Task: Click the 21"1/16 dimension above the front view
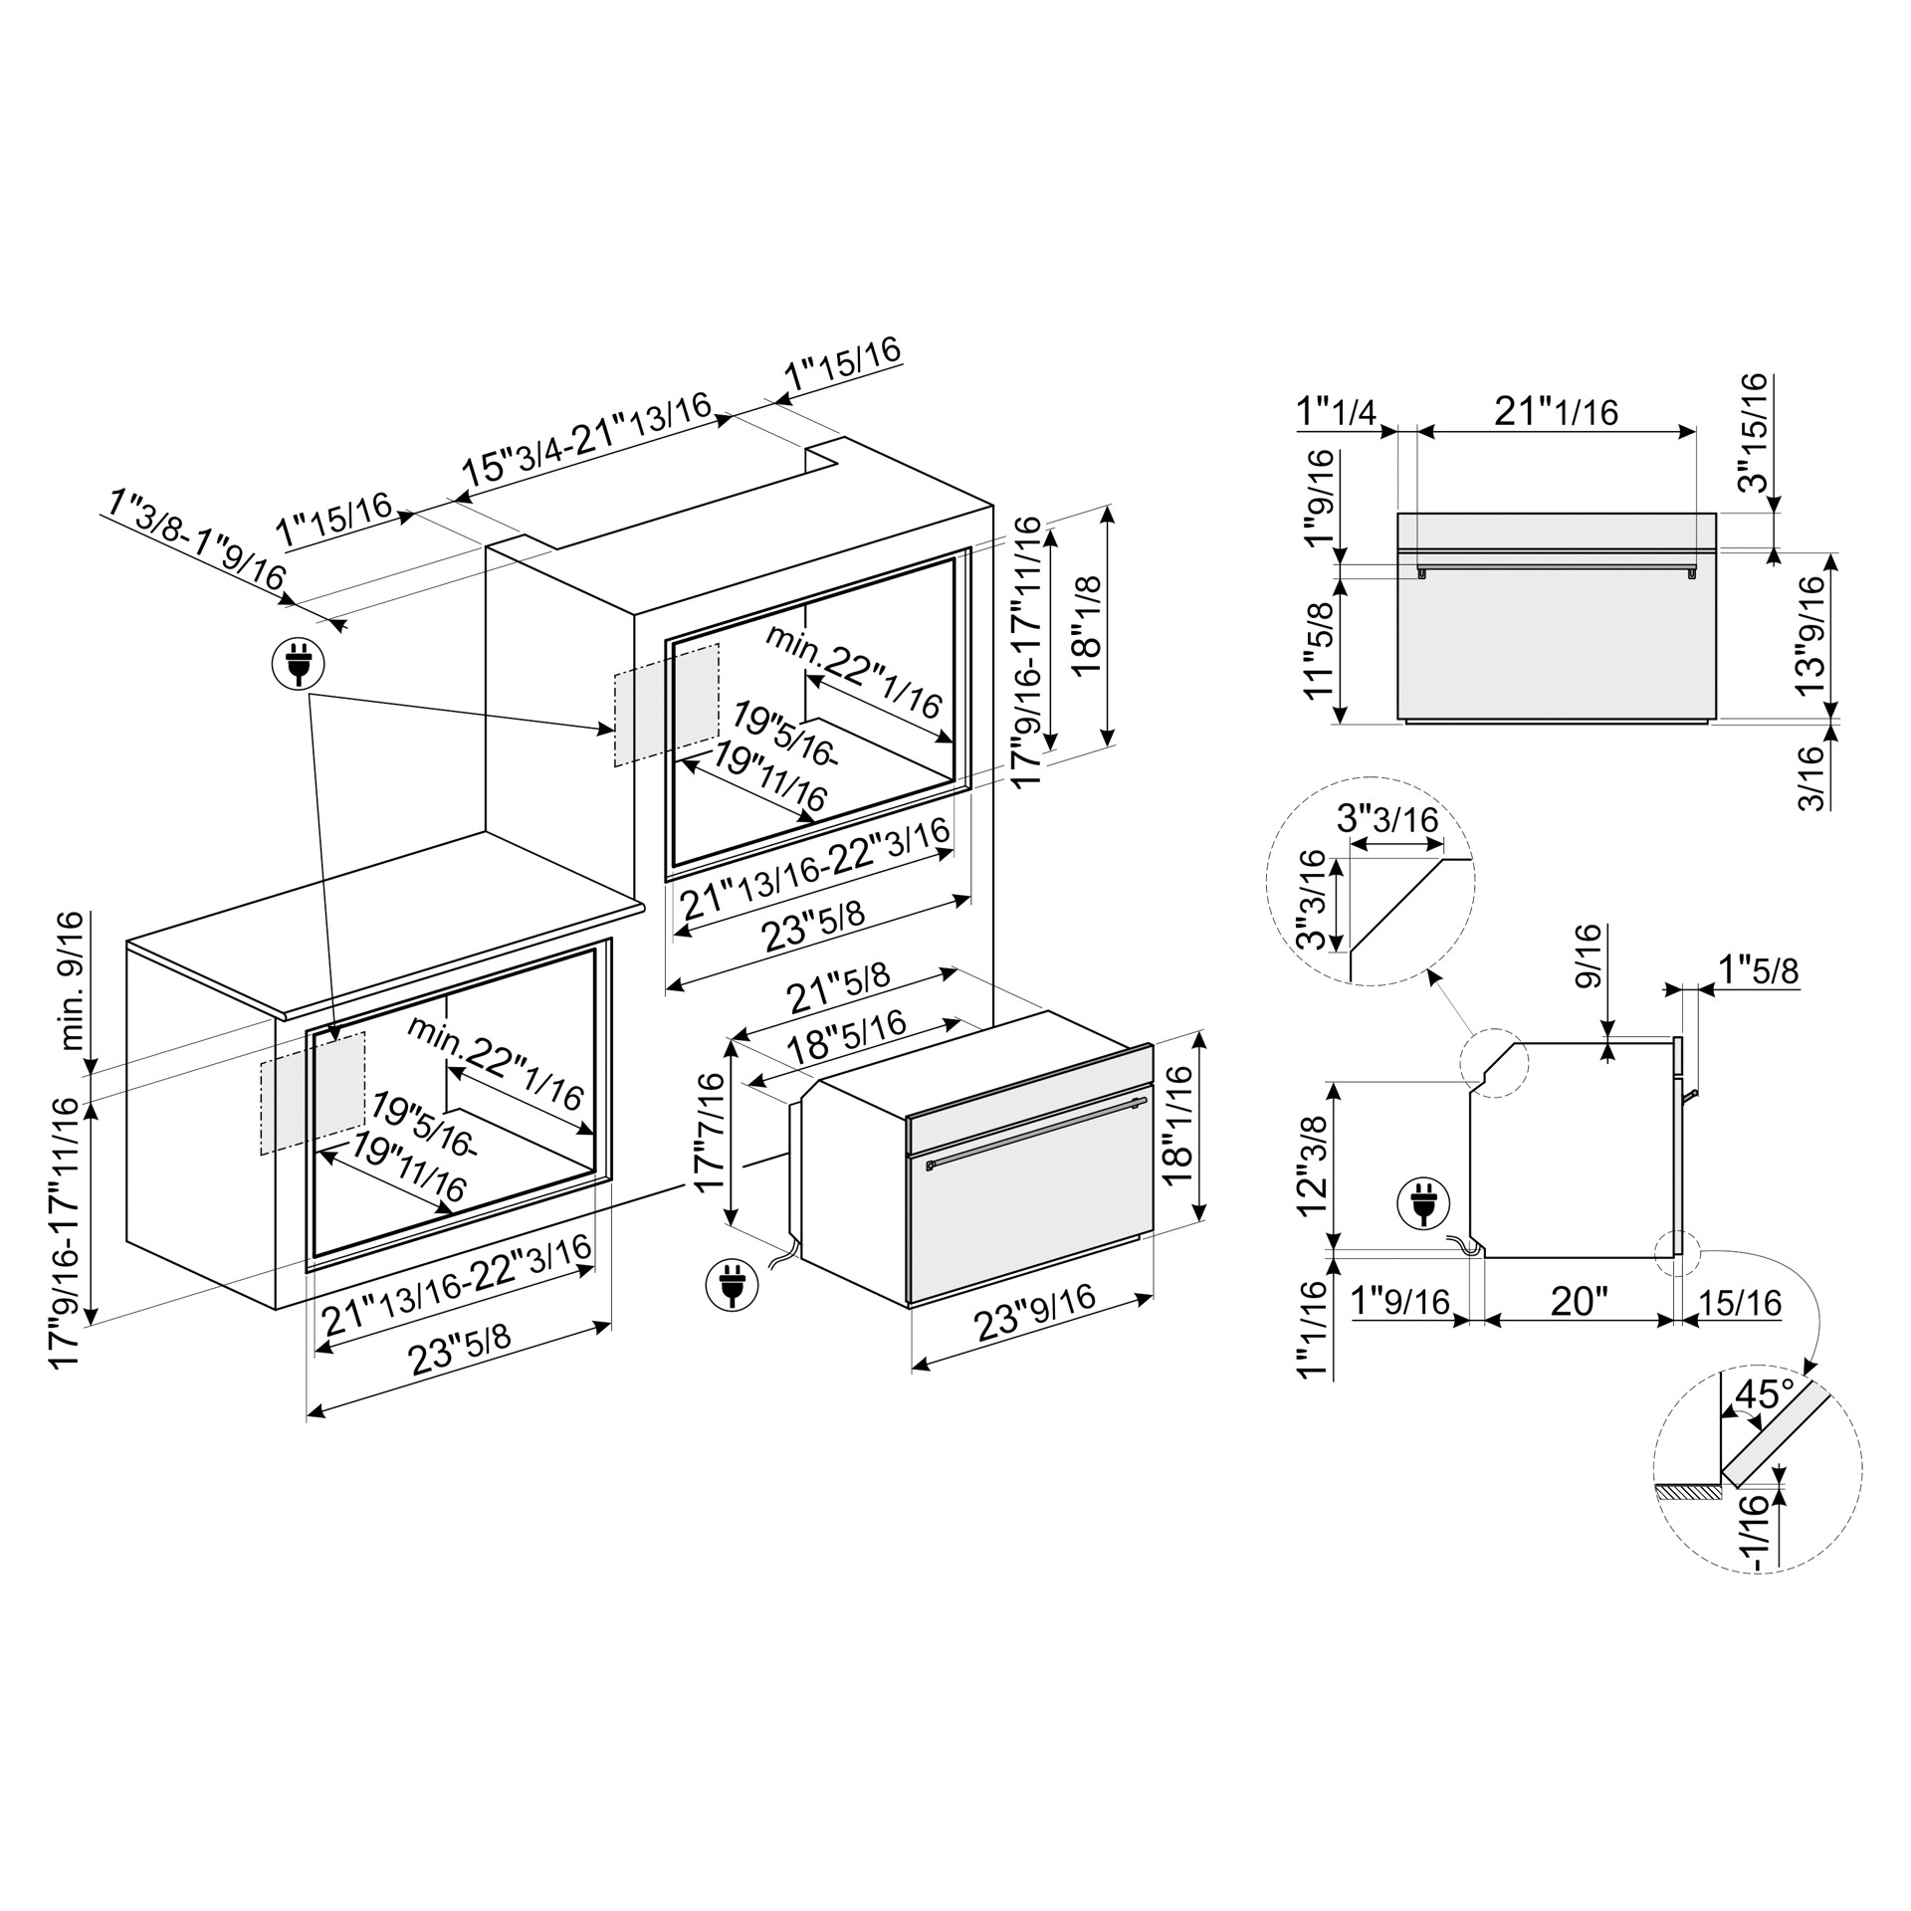1557,411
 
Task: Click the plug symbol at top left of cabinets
298,663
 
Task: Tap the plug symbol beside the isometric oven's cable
732,1283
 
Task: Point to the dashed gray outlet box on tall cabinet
666,705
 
